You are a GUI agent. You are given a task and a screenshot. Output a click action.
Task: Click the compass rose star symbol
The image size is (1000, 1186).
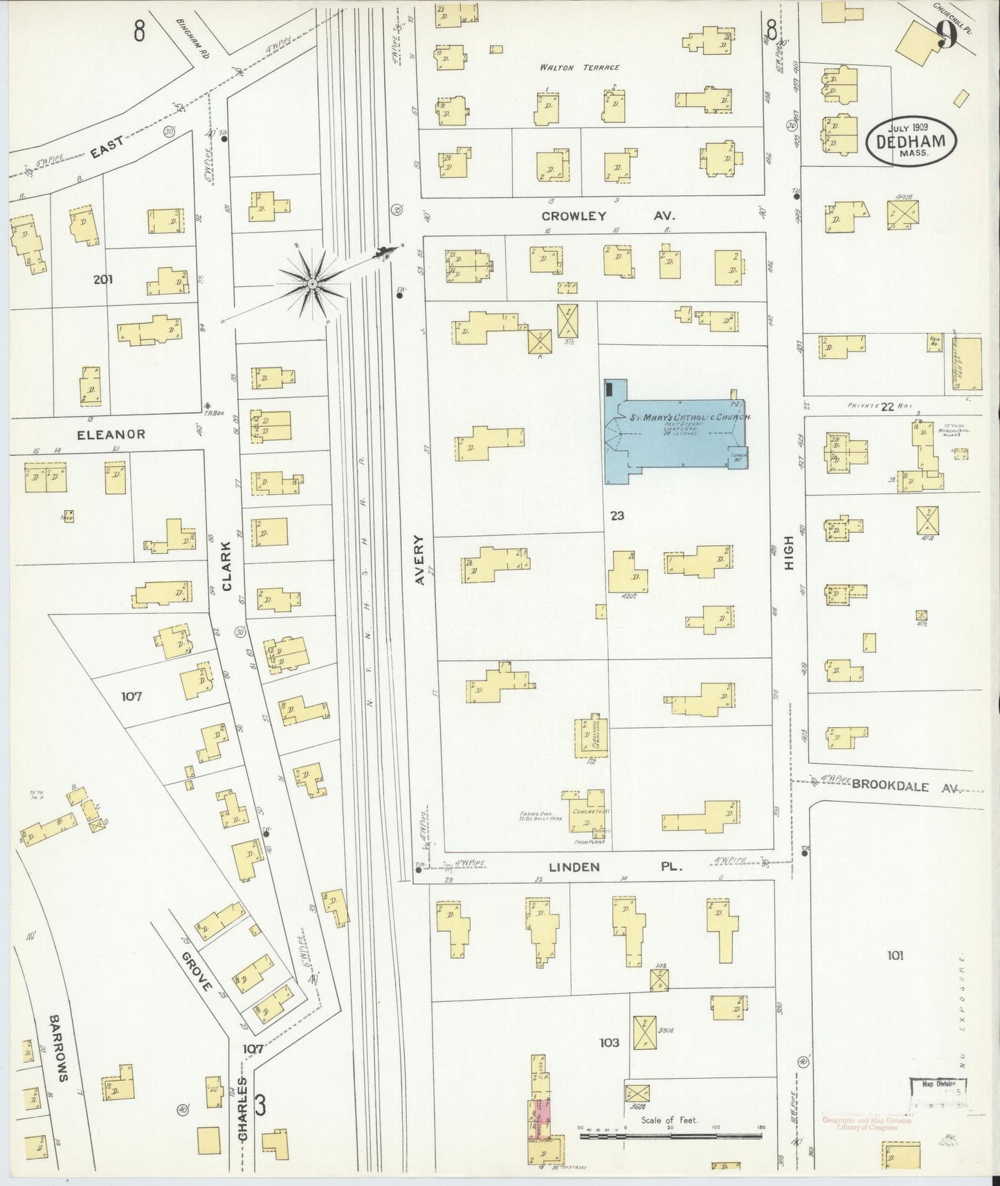[313, 284]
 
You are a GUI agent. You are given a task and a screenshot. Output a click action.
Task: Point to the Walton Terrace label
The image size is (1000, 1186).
[580, 68]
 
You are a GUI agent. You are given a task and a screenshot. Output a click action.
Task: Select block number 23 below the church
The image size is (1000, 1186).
[617, 516]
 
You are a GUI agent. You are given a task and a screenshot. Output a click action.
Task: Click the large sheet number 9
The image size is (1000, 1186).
[947, 35]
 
